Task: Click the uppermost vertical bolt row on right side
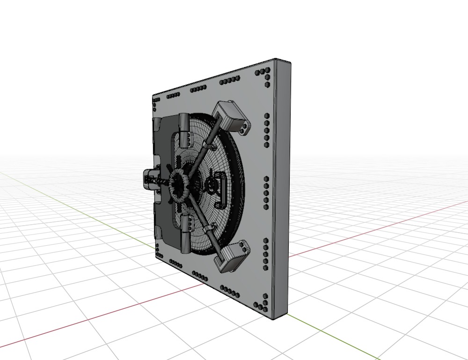266,124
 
